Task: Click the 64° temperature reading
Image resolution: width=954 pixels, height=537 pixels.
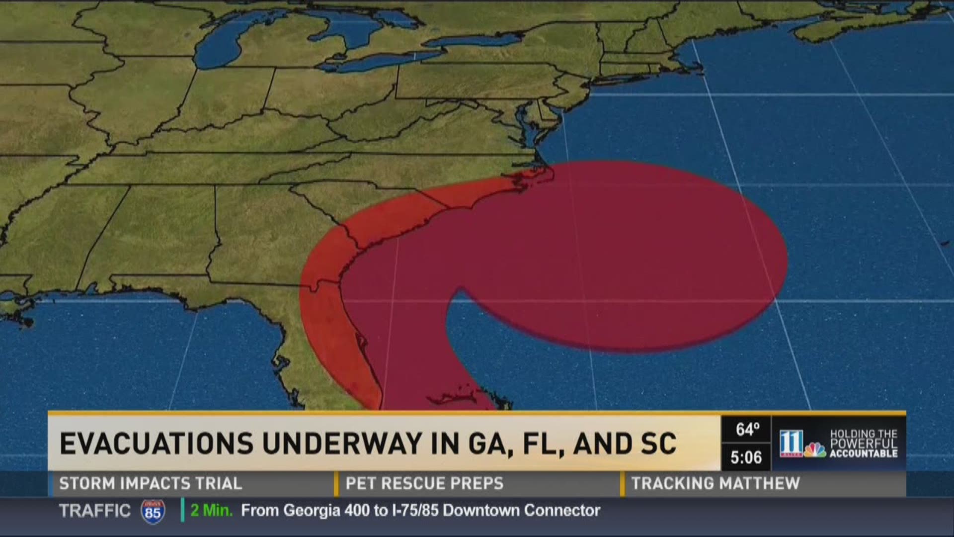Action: (x=747, y=429)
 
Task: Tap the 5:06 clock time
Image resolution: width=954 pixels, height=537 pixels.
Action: (x=746, y=457)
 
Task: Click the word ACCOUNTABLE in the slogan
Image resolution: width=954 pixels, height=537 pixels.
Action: (x=864, y=453)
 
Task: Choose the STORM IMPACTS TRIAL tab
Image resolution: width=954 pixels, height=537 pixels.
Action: (x=150, y=483)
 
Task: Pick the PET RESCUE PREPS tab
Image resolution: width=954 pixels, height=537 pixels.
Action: (x=424, y=483)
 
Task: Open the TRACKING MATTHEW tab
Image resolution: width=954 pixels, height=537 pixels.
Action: (x=715, y=483)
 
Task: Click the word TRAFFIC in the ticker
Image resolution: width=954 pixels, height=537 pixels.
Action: (x=94, y=511)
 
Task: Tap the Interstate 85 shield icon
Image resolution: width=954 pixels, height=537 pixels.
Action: (x=153, y=511)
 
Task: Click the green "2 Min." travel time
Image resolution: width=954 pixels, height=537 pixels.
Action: (x=211, y=511)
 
